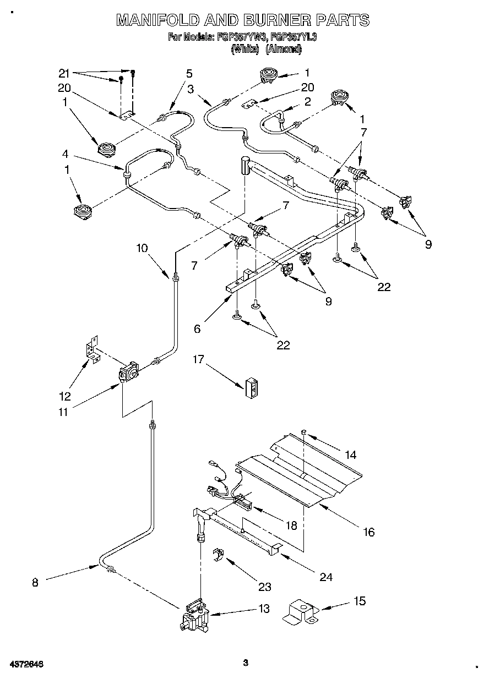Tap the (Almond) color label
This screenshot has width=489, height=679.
coord(284,48)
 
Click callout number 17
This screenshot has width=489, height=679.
coord(198,359)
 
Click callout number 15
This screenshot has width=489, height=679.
coord(360,601)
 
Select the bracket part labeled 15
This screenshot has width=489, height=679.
coord(300,612)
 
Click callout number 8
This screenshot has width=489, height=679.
coord(35,583)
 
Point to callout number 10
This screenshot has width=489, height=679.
coord(143,248)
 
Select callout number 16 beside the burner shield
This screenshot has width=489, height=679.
coord(368,532)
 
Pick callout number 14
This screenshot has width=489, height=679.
coord(350,455)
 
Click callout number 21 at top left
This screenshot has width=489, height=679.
coord(65,74)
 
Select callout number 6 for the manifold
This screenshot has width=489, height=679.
coord(197,329)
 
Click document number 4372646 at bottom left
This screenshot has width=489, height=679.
coord(26,664)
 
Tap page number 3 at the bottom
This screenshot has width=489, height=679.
coord(246,663)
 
